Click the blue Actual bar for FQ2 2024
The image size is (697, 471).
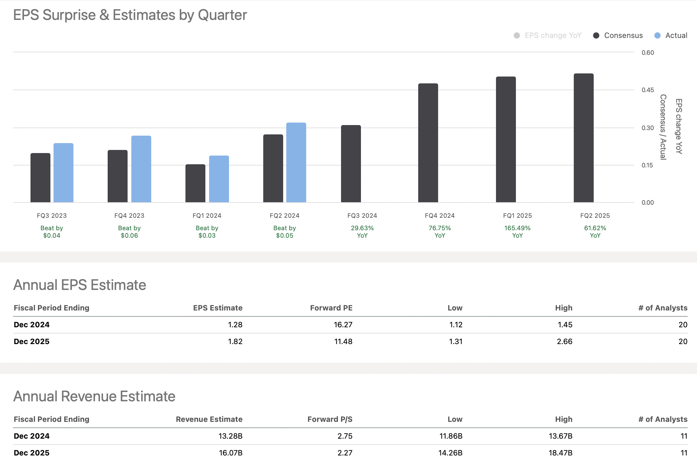pyautogui.click(x=296, y=162)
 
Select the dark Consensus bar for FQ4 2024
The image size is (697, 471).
pyautogui.click(x=428, y=143)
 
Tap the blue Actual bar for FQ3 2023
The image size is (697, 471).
pyautogui.click(x=63, y=173)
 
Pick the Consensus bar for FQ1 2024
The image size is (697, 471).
pyautogui.click(x=195, y=184)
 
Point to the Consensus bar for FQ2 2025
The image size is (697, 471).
pyautogui.click(x=583, y=138)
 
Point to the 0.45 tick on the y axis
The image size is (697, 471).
pyautogui.click(x=648, y=90)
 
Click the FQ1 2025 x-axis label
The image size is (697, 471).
pyautogui.click(x=517, y=216)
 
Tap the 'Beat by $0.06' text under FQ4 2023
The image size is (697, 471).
pyautogui.click(x=129, y=232)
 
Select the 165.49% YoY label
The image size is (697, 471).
pyautogui.click(x=517, y=232)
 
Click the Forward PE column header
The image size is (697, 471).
pyautogui.click(x=331, y=308)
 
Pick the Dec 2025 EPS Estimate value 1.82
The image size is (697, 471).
pyautogui.click(x=235, y=342)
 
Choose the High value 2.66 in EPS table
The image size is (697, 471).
pyautogui.click(x=564, y=342)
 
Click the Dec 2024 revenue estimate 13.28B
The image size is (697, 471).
pyautogui.click(x=230, y=436)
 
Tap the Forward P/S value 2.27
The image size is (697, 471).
pyautogui.click(x=345, y=453)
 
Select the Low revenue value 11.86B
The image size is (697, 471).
pyautogui.click(x=451, y=436)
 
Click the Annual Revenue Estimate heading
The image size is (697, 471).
pyautogui.click(x=94, y=396)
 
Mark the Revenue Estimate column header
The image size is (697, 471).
pyautogui.click(x=209, y=419)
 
